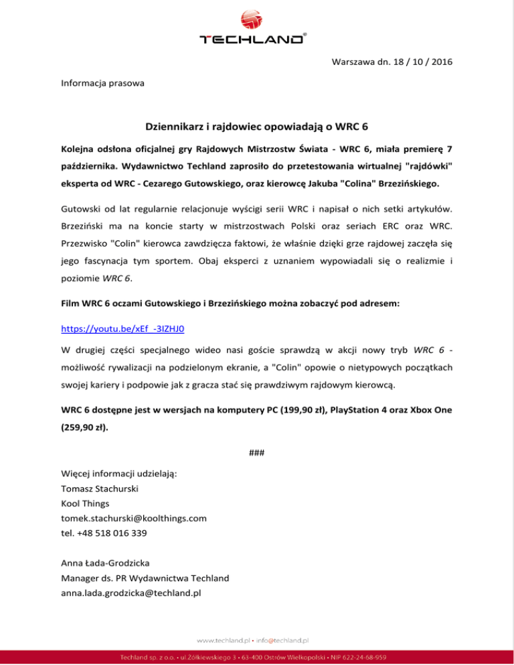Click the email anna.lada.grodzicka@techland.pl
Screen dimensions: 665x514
click(x=131, y=593)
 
